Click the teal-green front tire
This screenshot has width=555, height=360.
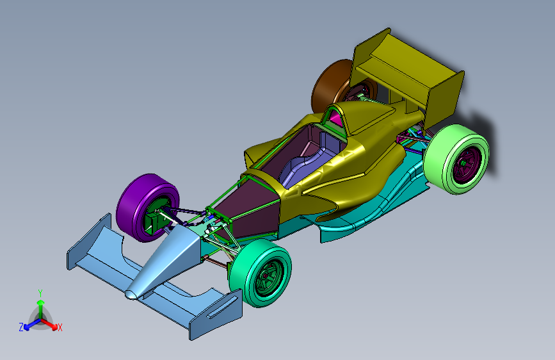click(x=245, y=273)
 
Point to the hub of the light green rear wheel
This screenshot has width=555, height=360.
click(x=463, y=163)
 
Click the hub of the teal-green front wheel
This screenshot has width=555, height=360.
click(x=266, y=275)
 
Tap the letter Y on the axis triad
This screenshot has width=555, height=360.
click(x=40, y=293)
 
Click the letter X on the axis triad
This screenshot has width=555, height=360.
click(x=60, y=327)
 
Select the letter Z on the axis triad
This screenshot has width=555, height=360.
click(x=21, y=327)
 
